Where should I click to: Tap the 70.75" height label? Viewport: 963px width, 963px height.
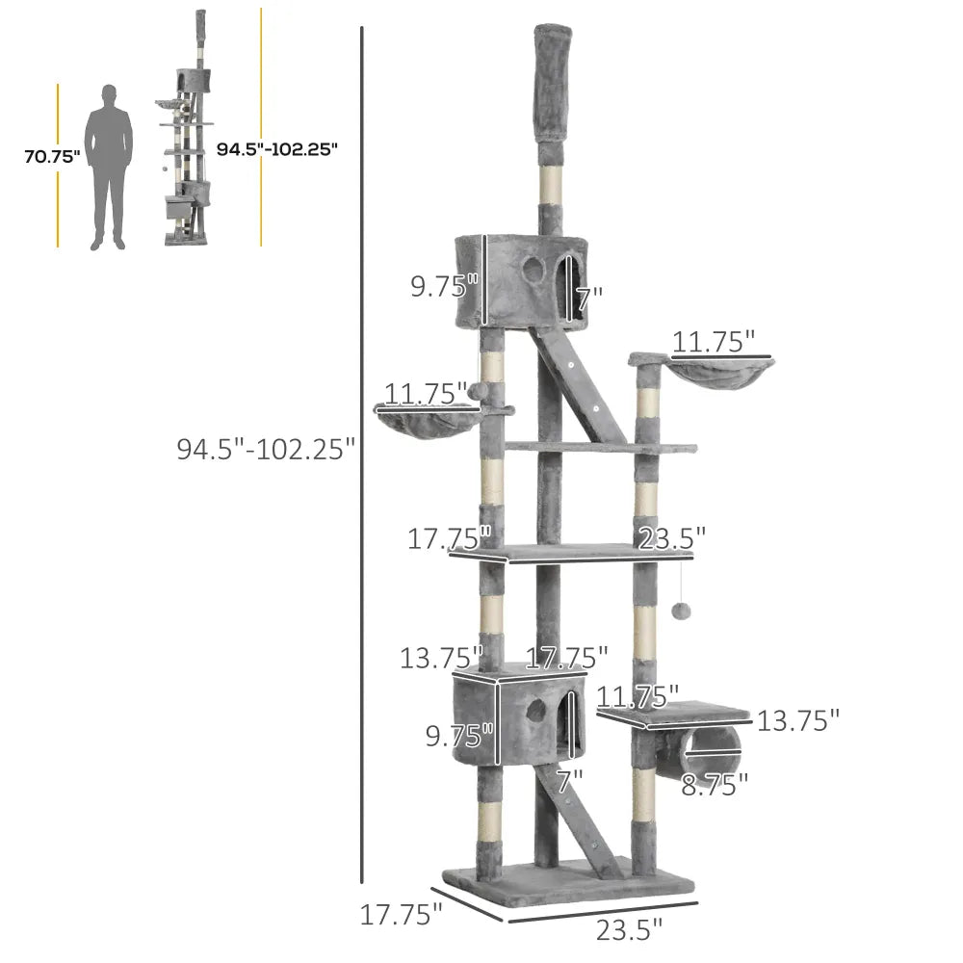(52, 156)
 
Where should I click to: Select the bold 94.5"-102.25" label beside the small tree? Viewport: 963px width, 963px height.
(276, 149)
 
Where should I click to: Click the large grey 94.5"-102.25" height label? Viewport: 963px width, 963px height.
(266, 449)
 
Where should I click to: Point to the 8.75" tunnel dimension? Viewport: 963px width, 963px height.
(715, 785)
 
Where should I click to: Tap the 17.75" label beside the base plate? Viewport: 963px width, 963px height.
(401, 912)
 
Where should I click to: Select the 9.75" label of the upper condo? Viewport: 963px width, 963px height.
(444, 286)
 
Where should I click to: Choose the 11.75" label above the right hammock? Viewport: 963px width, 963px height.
(714, 341)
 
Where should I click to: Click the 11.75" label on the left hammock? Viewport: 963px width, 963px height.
(426, 393)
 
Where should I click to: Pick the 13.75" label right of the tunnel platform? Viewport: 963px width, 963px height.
(798, 720)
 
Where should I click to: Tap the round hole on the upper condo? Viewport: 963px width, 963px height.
(531, 269)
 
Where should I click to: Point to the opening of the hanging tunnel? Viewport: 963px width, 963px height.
(716, 748)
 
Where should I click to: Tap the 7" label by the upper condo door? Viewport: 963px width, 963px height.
(589, 298)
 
